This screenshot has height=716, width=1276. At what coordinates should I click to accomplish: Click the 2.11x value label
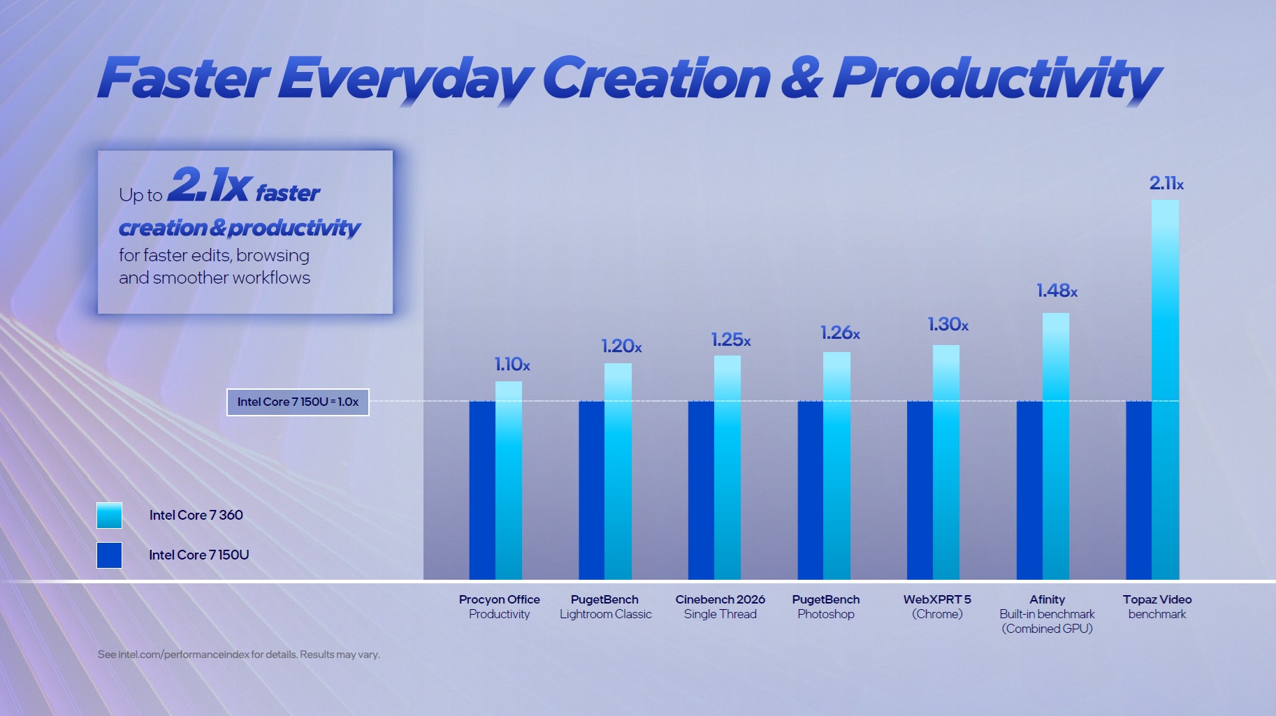tap(1166, 184)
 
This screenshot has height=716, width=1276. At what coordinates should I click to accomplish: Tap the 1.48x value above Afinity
tap(1056, 291)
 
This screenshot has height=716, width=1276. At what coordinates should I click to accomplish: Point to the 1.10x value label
tap(512, 364)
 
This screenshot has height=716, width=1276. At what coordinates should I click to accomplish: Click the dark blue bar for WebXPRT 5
tap(920, 490)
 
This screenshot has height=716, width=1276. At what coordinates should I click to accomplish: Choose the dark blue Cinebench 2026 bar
tap(701, 490)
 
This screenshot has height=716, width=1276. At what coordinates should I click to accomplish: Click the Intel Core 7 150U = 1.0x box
tap(298, 402)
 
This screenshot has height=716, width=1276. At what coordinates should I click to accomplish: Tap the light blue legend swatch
tap(109, 516)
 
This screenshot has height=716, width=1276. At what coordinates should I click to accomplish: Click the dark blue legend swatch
tap(109, 555)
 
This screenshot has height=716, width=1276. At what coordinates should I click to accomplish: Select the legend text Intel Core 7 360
tap(196, 516)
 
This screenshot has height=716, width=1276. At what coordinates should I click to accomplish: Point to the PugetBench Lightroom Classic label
tap(605, 607)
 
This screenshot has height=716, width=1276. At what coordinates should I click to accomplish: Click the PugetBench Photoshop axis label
tap(825, 607)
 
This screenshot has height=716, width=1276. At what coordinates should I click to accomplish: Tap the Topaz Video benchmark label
tap(1157, 607)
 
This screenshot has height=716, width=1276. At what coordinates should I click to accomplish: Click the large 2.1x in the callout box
tap(209, 185)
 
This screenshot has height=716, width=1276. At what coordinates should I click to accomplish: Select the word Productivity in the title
tap(996, 79)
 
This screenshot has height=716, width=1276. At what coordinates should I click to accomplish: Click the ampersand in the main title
tap(802, 78)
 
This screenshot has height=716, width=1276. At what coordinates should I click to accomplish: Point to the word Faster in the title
tap(183, 78)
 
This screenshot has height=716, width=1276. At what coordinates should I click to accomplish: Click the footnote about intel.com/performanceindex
tap(238, 655)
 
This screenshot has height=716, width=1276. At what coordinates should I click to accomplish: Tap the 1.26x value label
tap(839, 333)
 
